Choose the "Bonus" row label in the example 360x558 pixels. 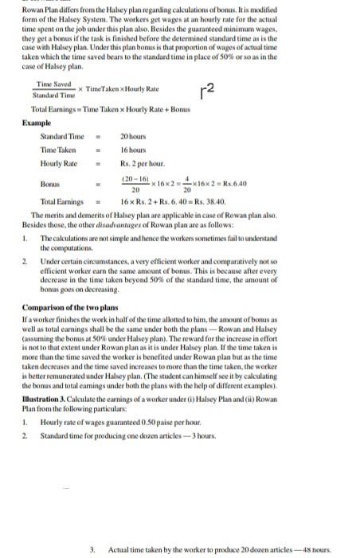pos(50,183)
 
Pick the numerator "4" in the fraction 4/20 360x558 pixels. pos(187,178)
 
